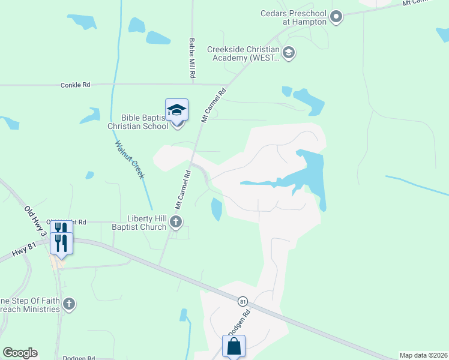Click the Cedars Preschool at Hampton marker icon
pos(336,17)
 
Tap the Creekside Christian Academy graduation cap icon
pos(289,53)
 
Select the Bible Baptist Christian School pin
pos(177,112)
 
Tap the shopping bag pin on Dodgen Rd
pos(234,347)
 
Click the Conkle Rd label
pos(75,85)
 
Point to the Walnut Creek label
pos(130,159)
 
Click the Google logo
pos(20,353)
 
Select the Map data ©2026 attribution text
pos(423,355)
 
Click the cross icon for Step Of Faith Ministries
pos(69,305)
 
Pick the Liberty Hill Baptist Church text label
pos(147,223)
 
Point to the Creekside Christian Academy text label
pos(243,53)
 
